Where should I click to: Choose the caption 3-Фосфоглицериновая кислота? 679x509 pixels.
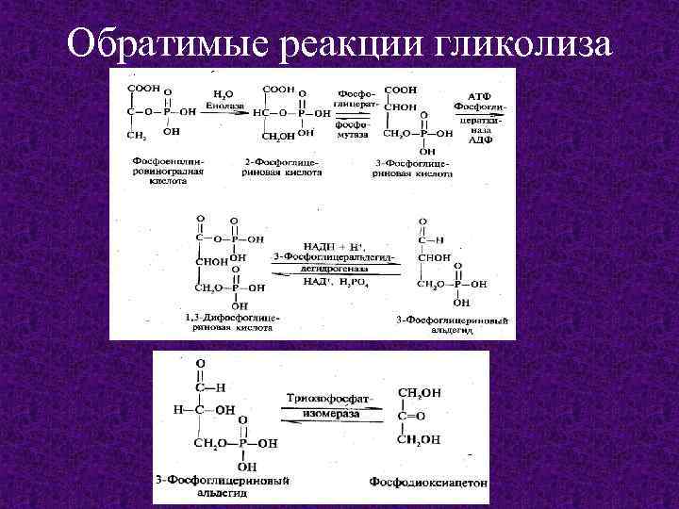(414, 168)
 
